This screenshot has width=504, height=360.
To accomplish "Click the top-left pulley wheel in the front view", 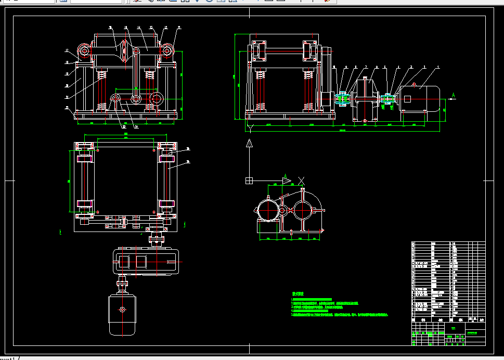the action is pyautogui.click(x=83, y=51).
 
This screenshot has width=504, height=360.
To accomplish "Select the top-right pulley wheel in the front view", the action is pyautogui.click(x=167, y=51).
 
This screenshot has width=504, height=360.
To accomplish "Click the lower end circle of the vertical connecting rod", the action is pyautogui.click(x=136, y=99).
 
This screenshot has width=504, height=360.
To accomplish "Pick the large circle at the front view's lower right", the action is pyautogui.click(x=157, y=98).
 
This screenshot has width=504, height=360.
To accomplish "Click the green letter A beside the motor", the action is pyautogui.click(x=454, y=95).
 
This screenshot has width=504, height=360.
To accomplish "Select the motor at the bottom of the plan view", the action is pyautogui.click(x=122, y=315).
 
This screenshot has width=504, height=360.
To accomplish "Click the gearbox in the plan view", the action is pyautogui.click(x=146, y=261).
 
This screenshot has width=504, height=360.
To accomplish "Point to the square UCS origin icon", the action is pyautogui.click(x=249, y=181).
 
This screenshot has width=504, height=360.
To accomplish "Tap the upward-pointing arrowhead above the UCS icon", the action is pyautogui.click(x=250, y=143).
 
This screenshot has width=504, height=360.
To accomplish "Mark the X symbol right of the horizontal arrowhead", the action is pyautogui.click(x=301, y=181).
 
